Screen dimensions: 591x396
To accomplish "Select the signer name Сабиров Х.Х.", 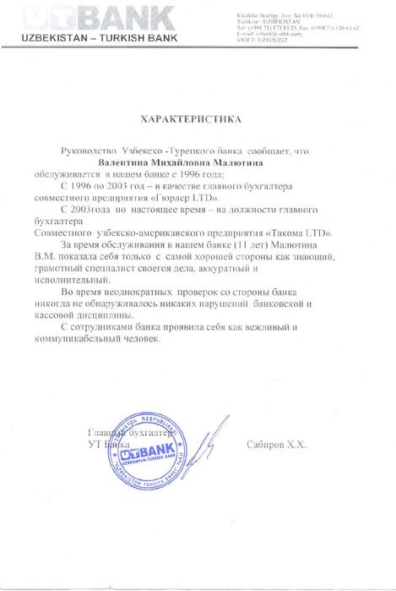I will (277, 443).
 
